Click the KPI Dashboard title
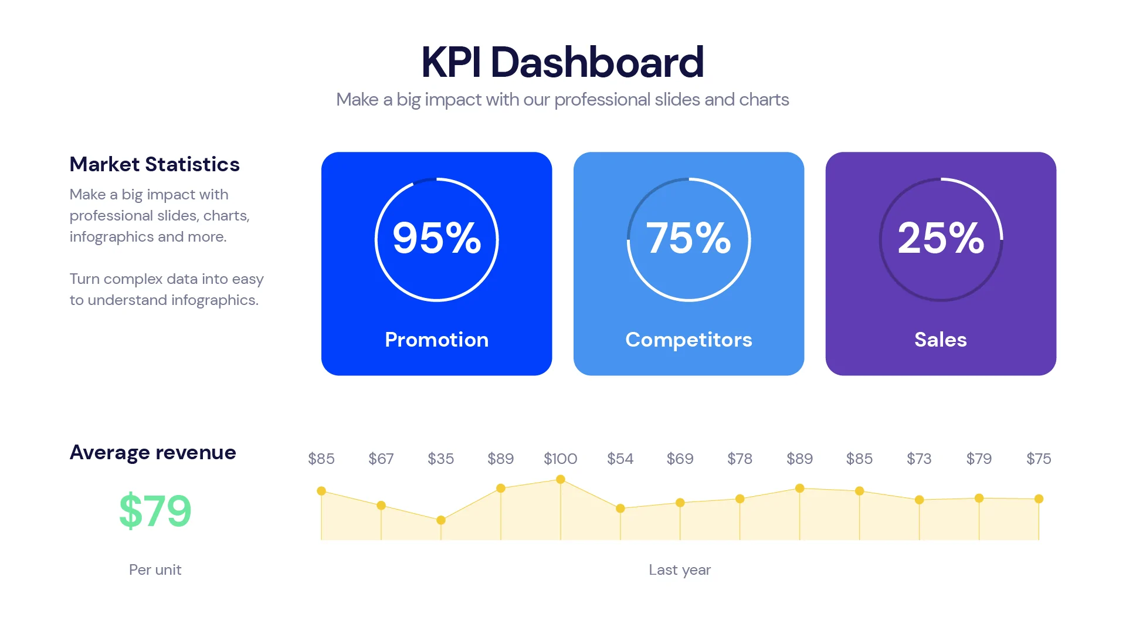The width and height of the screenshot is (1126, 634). tap(562, 62)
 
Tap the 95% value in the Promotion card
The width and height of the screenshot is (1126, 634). tap(436, 238)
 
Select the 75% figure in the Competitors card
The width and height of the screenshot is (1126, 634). tap(689, 238)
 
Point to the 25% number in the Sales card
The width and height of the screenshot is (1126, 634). tap(941, 238)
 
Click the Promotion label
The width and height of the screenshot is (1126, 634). tap(436, 340)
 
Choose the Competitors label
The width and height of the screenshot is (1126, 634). tap(689, 340)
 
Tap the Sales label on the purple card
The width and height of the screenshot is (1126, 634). tap(940, 340)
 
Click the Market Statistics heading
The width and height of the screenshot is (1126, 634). tap(154, 164)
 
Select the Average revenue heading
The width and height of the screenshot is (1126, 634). tap(152, 452)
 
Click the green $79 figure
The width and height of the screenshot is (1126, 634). tap(155, 511)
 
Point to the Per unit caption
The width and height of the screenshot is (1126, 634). tap(155, 569)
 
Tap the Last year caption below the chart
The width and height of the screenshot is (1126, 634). tap(679, 569)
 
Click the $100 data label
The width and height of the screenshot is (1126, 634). tap(560, 459)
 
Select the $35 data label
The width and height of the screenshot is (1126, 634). tap(440, 459)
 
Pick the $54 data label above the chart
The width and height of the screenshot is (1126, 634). tap(620, 459)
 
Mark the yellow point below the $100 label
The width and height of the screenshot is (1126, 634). tap(560, 480)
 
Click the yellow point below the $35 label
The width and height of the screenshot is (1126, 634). tap(441, 520)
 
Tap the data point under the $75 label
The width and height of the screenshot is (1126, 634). tap(1039, 499)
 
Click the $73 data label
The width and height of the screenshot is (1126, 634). tap(919, 459)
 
